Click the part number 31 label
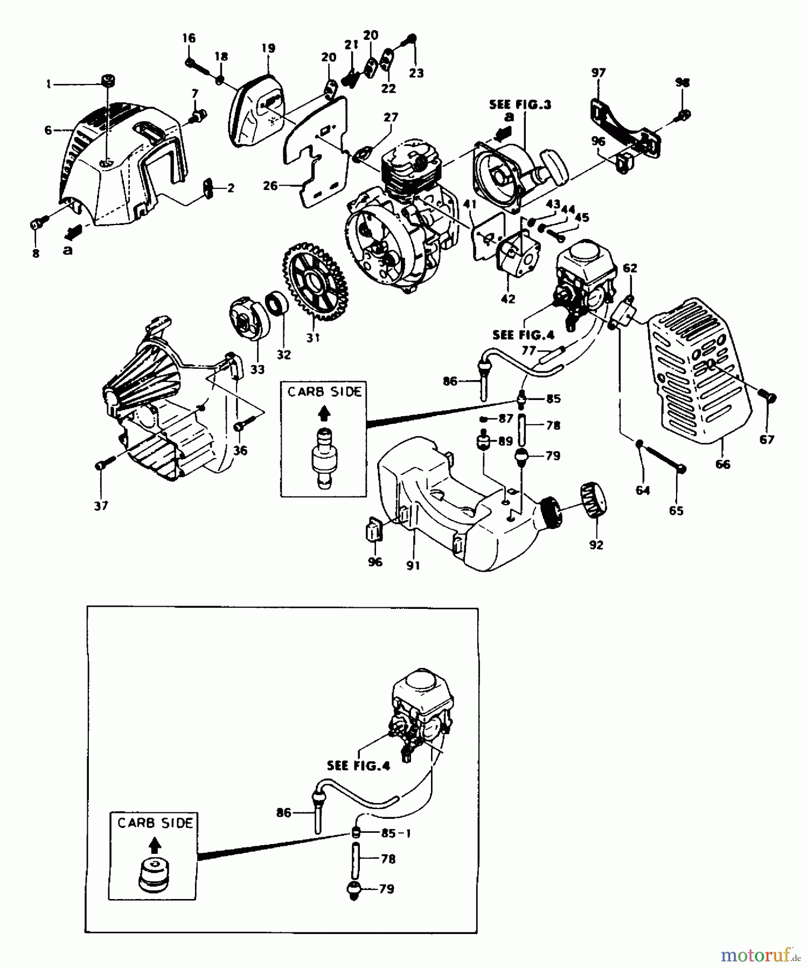point(313,338)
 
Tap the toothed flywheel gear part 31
point(315,282)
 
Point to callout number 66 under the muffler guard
point(722,464)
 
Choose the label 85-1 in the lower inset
point(396,833)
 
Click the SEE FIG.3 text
point(520,104)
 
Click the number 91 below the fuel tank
point(413,565)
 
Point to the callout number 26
point(270,186)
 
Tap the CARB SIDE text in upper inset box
point(324,392)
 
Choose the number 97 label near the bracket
point(598,73)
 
